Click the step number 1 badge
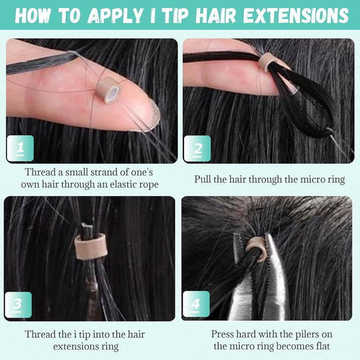(x=20, y=149)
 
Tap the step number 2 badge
(x=197, y=149)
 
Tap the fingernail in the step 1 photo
(x=150, y=114)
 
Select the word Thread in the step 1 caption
(x=40, y=172)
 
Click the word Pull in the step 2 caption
(x=204, y=179)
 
